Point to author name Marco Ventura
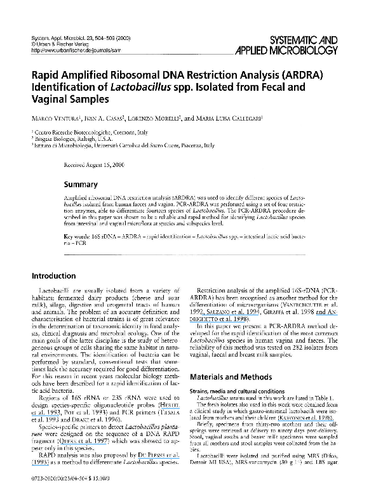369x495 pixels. click(56, 118)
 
